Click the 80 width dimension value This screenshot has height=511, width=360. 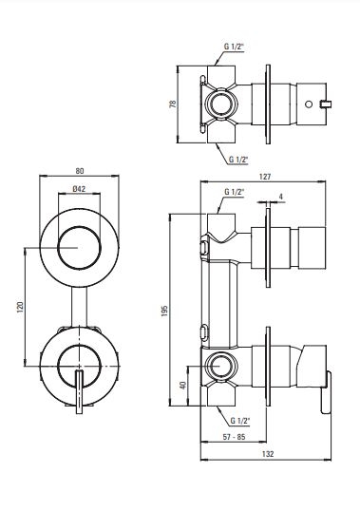pyautogui.click(x=80, y=171)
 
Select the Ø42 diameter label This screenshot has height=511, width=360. pyautogui.click(x=79, y=188)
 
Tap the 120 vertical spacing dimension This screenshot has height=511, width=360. pyautogui.click(x=20, y=307)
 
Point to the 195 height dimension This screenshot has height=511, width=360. pyautogui.click(x=164, y=311)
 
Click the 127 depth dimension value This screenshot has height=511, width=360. pyautogui.click(x=265, y=177)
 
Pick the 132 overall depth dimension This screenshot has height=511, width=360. pyautogui.click(x=268, y=454)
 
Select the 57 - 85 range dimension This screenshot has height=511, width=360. pyautogui.click(x=234, y=437)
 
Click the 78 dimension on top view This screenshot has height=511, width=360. pyautogui.click(x=173, y=104)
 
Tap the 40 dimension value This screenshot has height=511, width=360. pyautogui.click(x=183, y=385)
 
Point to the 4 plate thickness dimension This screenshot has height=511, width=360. pyautogui.click(x=281, y=197)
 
